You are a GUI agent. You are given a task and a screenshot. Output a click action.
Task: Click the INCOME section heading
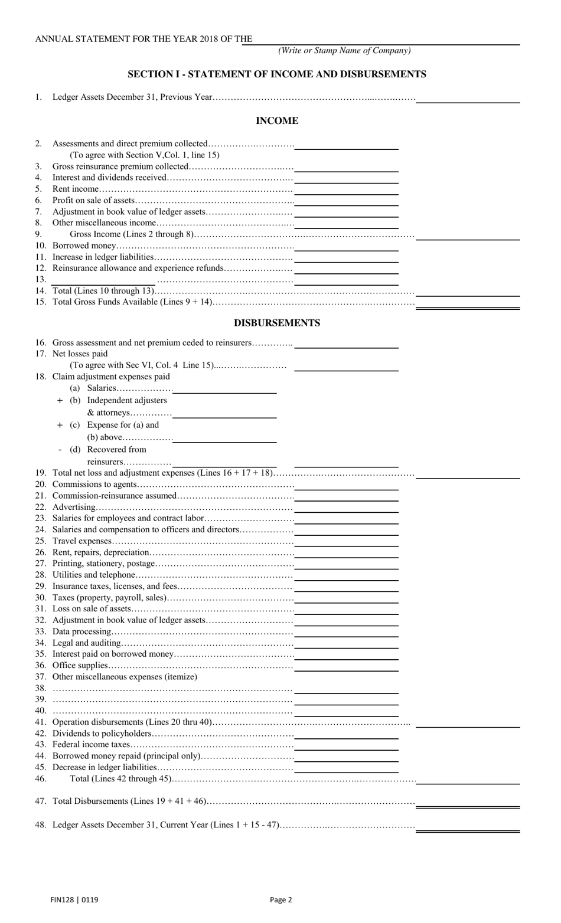click(276, 121)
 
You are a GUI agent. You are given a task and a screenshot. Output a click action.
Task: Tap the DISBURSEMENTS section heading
click(276, 323)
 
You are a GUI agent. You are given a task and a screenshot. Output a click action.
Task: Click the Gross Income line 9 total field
click(468, 236)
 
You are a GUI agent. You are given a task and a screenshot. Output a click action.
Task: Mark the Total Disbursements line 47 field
click(468, 803)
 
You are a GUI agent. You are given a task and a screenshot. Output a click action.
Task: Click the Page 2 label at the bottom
click(280, 900)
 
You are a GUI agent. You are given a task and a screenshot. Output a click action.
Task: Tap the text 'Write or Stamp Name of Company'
click(344, 51)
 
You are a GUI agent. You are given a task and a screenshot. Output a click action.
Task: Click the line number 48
click(40, 825)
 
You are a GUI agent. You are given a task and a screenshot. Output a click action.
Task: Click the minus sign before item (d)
click(60, 450)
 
